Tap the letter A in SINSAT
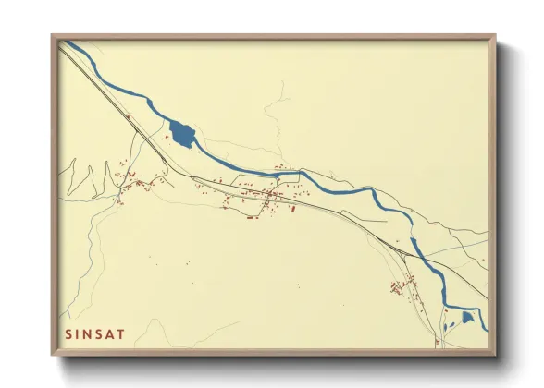coord(116,333)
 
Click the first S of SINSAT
coord(68,333)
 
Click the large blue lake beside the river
coord(181,136)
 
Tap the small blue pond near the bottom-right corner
coord(467,318)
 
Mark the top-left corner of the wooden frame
coord(53,37)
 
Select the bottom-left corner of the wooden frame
coord(53,355)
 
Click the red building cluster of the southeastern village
coord(400,287)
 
